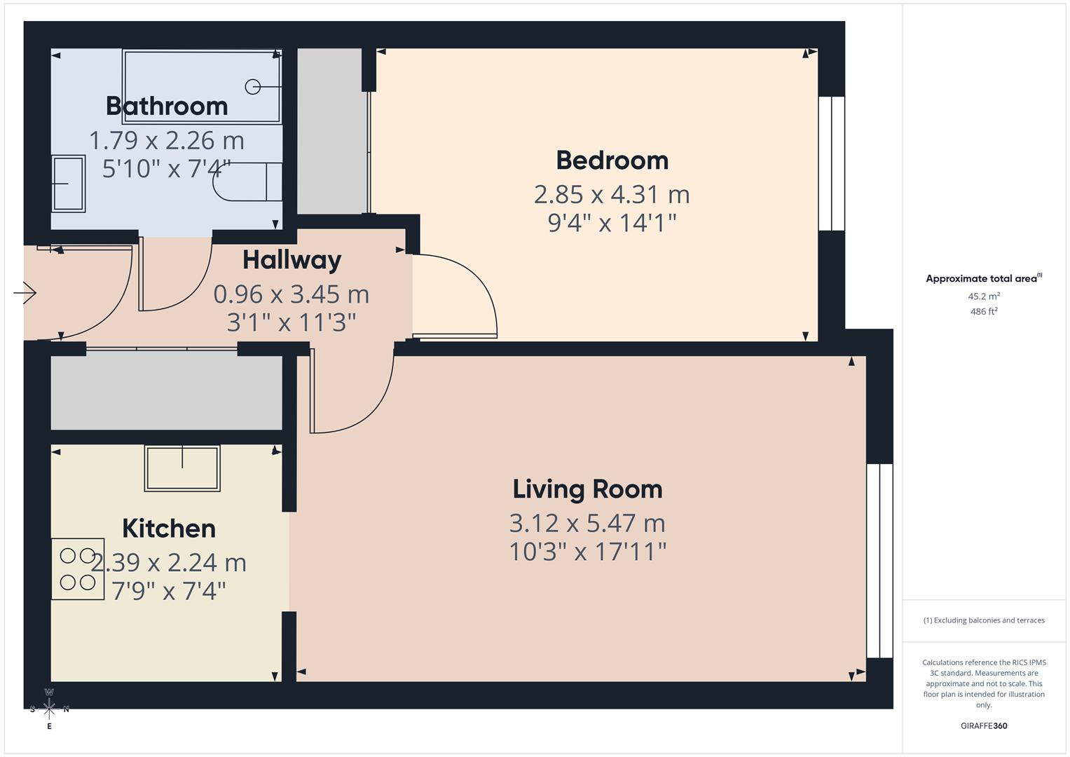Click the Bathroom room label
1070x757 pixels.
(x=167, y=106)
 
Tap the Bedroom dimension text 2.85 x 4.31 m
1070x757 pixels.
(x=612, y=194)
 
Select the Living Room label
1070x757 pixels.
(x=587, y=489)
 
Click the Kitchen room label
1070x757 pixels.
(x=169, y=528)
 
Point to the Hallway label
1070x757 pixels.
(x=291, y=260)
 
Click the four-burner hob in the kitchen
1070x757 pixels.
(x=78, y=568)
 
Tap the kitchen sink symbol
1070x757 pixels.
(x=182, y=468)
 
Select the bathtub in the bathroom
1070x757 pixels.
(x=202, y=86)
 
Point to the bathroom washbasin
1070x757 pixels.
(x=68, y=184)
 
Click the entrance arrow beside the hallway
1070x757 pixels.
(x=25, y=292)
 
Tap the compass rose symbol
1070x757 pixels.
(x=49, y=709)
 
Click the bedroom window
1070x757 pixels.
(x=831, y=163)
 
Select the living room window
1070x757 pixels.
(x=879, y=560)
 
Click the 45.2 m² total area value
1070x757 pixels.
(x=984, y=296)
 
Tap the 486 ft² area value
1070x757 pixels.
(x=984, y=311)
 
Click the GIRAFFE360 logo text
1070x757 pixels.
(x=984, y=725)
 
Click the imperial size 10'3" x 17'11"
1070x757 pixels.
(x=587, y=552)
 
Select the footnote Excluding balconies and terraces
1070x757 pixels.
(x=984, y=620)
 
